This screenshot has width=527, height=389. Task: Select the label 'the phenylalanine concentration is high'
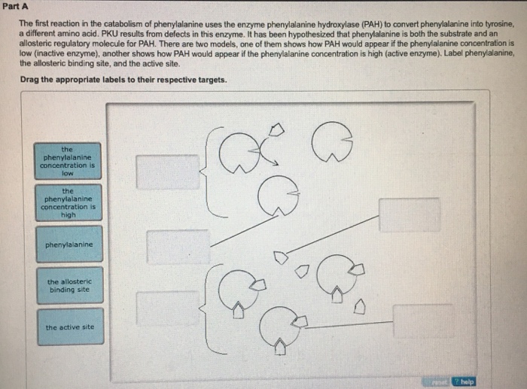[68, 202]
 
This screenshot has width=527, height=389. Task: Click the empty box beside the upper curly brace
[167, 171]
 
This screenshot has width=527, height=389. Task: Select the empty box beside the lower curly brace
[167, 308]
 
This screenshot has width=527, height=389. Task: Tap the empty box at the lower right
[423, 321]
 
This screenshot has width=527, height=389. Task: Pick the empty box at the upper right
[409, 215]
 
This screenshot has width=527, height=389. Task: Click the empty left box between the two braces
[178, 247]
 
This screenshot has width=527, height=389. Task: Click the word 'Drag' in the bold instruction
[31, 79]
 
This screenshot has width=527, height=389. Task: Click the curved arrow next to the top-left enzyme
[263, 145]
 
